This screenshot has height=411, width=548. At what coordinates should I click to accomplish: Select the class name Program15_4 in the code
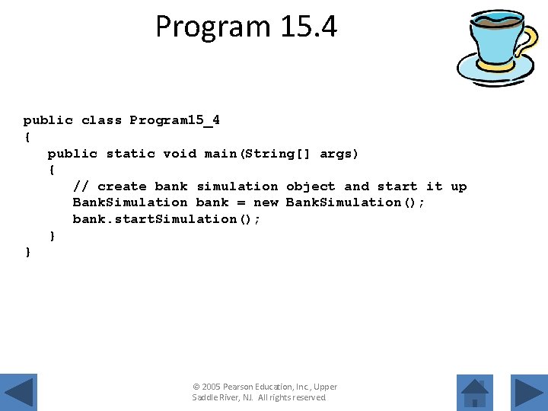(174, 120)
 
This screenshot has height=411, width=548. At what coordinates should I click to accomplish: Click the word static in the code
(131, 154)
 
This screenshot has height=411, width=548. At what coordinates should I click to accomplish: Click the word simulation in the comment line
(237, 186)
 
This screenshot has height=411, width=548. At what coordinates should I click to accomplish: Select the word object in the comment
(311, 186)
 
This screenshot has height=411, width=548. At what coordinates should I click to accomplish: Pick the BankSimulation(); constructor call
(355, 202)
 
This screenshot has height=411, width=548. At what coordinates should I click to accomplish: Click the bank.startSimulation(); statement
(166, 219)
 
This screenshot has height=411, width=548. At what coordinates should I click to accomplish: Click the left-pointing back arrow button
(18, 393)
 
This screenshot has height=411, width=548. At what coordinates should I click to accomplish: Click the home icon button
(475, 393)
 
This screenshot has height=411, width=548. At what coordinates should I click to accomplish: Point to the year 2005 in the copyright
(211, 387)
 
